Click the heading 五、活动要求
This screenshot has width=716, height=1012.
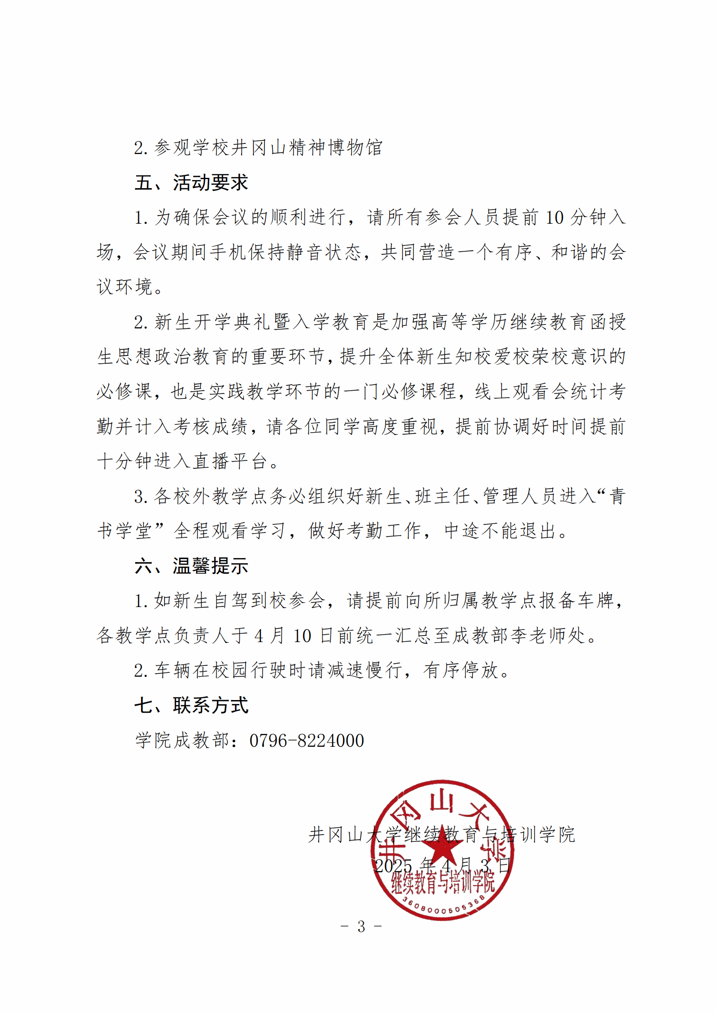click(191, 183)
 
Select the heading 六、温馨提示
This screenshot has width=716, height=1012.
click(191, 566)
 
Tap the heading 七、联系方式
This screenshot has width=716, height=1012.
click(191, 705)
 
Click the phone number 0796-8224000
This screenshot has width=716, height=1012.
click(306, 740)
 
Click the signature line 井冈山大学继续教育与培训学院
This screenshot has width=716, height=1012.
click(441, 834)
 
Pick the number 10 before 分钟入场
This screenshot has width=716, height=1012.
click(554, 218)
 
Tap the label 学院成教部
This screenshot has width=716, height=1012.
click(182, 740)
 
